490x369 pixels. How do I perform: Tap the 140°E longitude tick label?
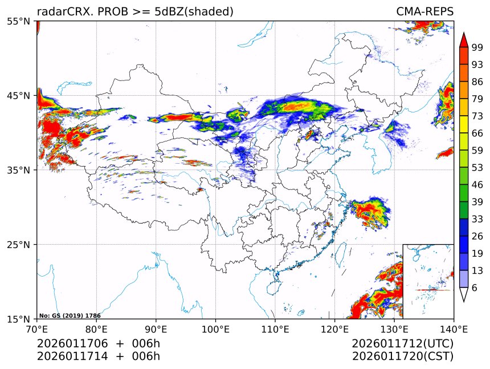coord(454,329)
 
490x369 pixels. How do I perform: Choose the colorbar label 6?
coord(475,287)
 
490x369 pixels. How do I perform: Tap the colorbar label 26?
coord(477,236)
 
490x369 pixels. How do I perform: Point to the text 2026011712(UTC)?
coord(402,344)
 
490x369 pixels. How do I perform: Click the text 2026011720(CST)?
coord(402,356)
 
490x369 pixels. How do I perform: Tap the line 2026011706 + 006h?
coord(98,344)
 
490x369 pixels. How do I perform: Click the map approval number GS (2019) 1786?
coord(70,315)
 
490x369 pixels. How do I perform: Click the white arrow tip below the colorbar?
coord(463,295)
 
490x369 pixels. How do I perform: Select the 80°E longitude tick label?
coord(96,329)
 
